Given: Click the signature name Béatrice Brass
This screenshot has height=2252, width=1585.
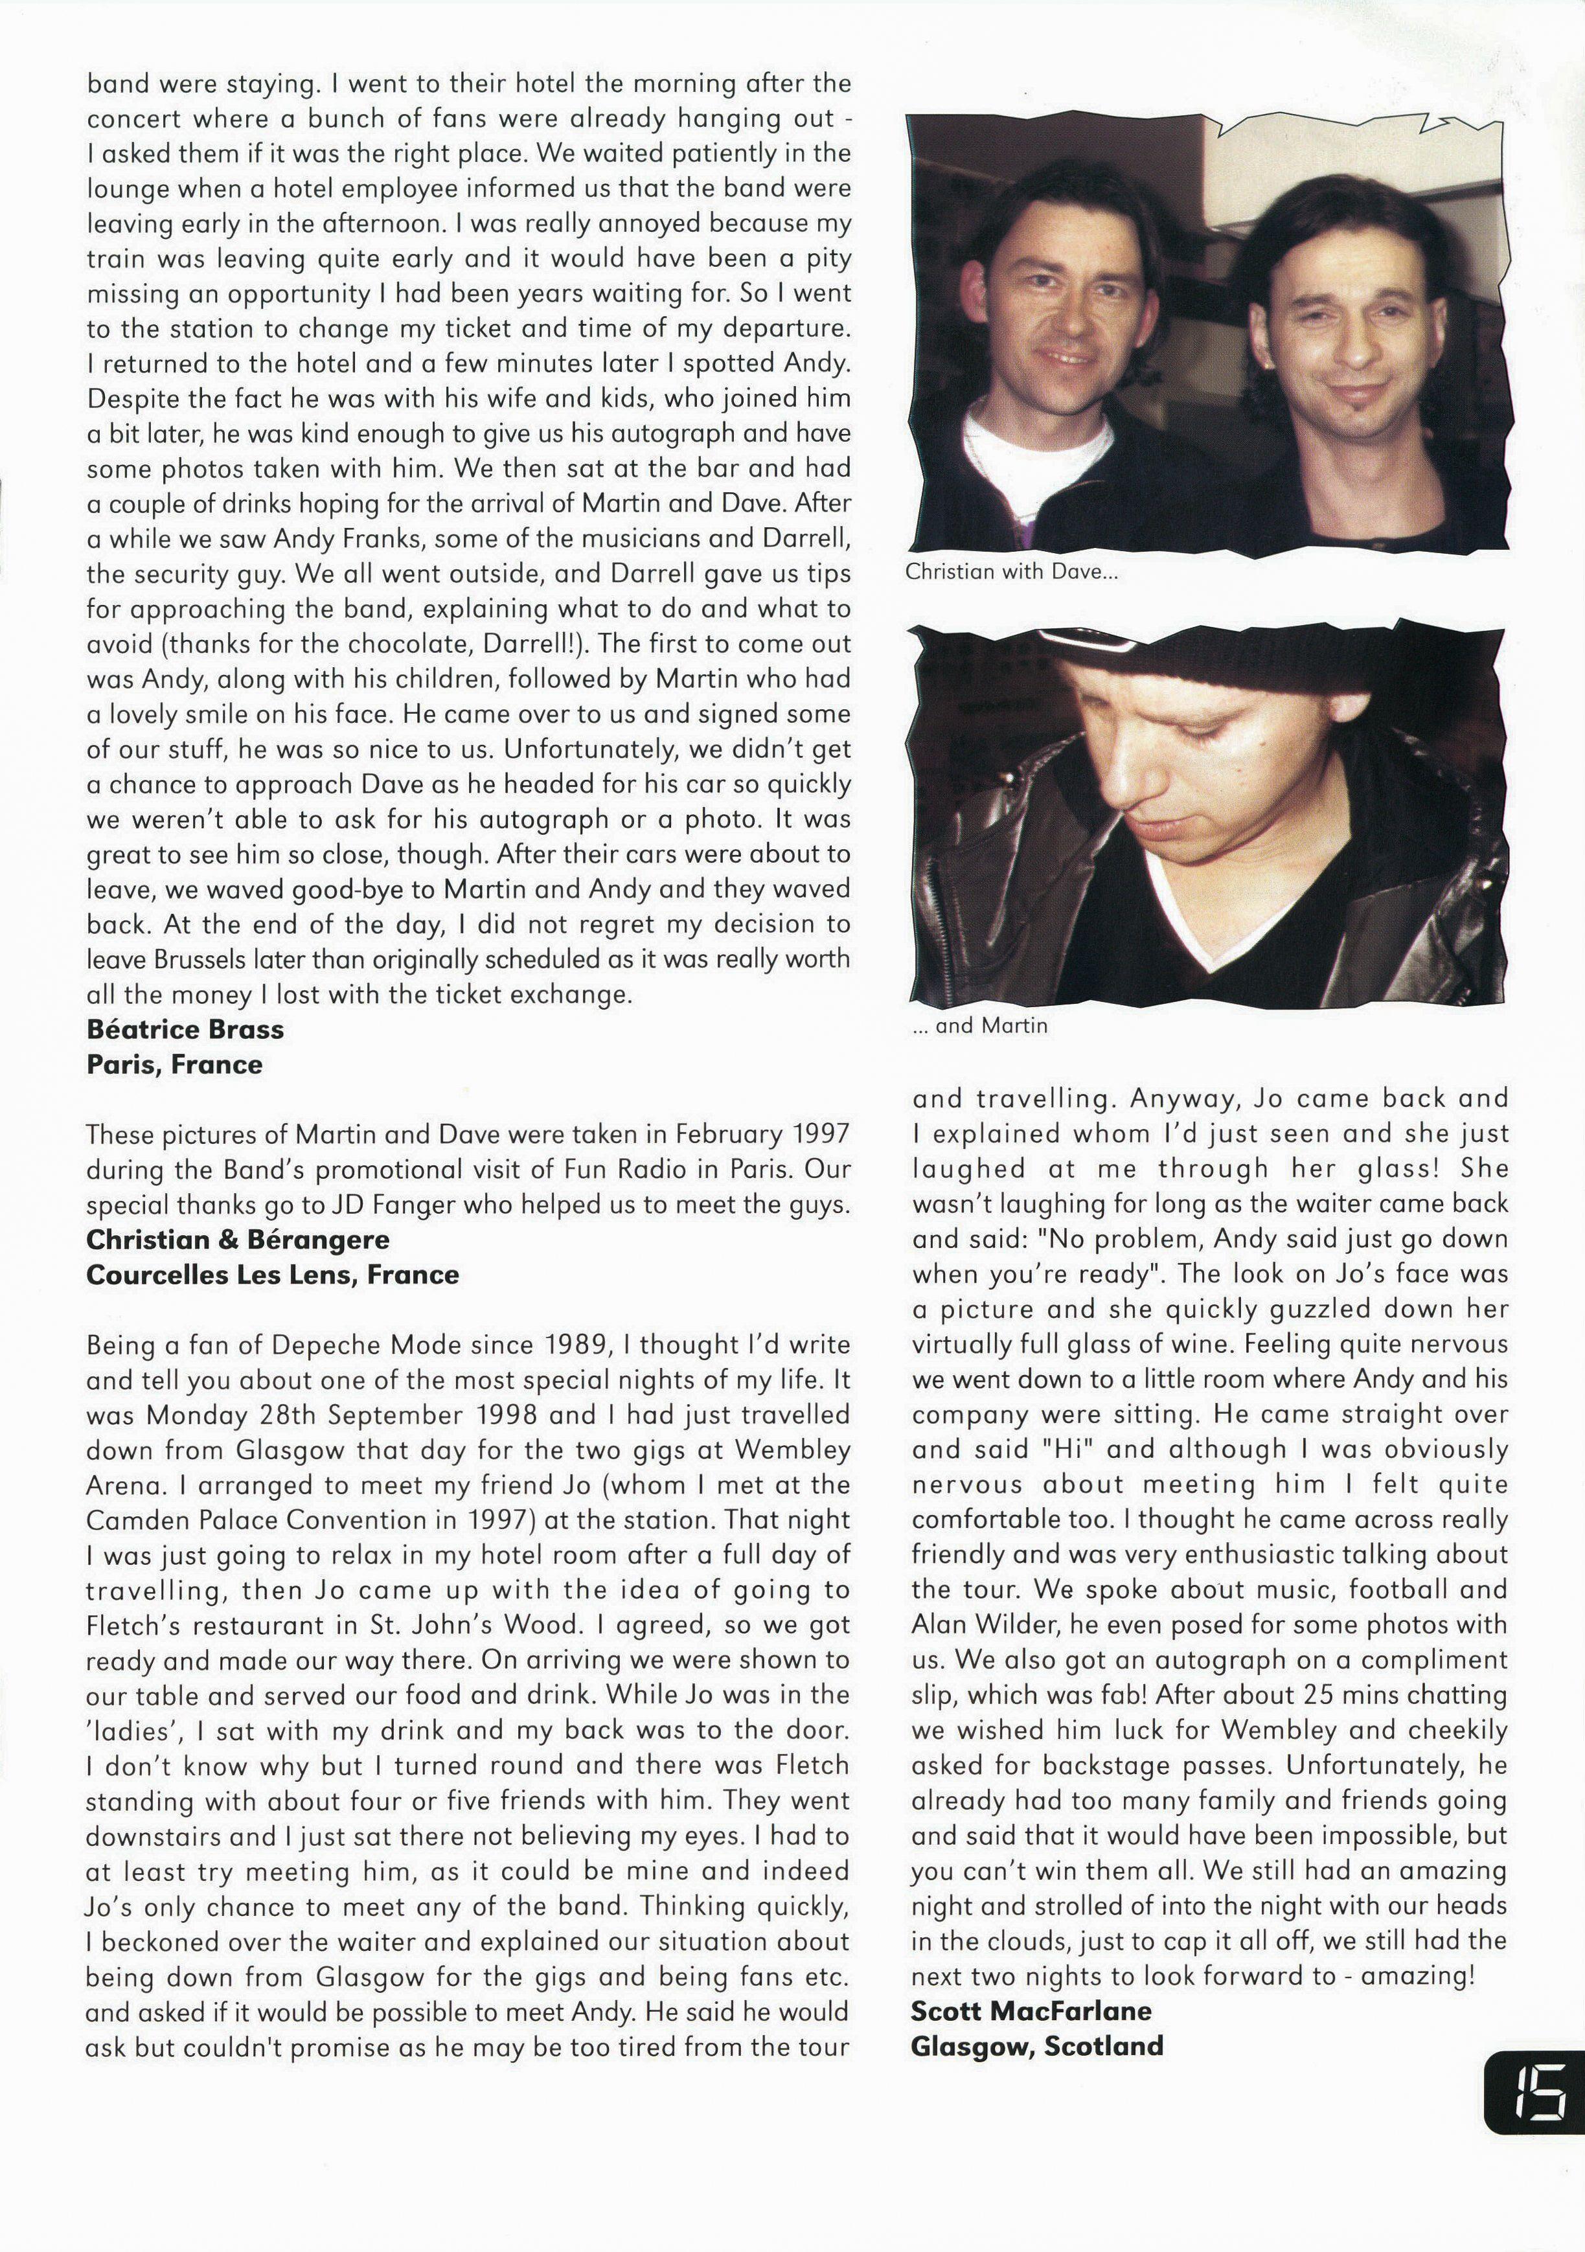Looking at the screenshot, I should [185, 1030].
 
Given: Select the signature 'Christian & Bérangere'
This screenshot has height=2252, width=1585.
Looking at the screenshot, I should [237, 1240].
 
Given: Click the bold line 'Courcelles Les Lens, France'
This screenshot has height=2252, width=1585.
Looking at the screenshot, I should [273, 1275].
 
